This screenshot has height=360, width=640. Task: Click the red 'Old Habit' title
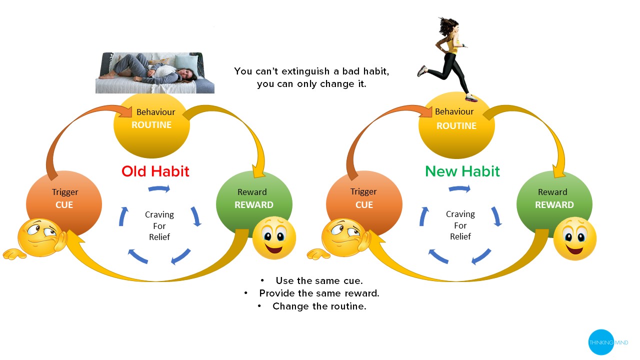155,171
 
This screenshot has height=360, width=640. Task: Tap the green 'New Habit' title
462,171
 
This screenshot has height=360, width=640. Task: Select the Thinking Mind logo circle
601,342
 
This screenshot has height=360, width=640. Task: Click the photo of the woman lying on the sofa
155,73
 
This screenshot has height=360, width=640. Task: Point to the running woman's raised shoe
421,71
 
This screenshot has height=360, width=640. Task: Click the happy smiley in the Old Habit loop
274,237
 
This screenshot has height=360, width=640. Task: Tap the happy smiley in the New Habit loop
575,238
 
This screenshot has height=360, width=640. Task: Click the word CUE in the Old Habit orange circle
64,205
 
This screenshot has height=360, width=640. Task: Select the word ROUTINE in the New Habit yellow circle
456,125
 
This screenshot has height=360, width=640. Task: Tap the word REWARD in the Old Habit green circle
253,205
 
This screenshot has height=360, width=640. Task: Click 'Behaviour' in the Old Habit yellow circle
155,112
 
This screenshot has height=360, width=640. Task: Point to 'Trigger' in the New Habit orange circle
363,191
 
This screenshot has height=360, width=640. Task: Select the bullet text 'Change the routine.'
319,306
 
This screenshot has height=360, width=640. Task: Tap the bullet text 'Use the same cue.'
319,281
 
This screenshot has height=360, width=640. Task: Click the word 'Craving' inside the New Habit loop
460,214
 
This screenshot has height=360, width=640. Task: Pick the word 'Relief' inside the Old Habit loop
159,237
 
